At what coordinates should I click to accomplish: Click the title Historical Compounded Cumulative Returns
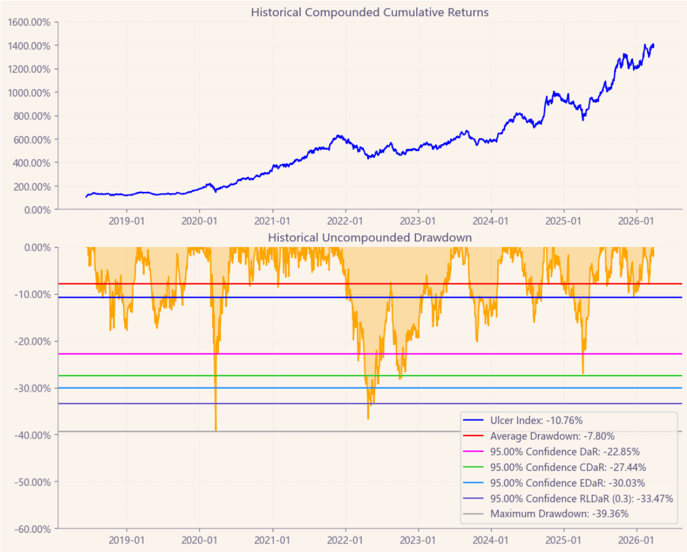(369, 12)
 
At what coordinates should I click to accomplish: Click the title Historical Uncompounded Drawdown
(369, 238)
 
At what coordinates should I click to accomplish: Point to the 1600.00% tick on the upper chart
(30, 22)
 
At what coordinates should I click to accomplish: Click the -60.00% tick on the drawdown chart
(32, 529)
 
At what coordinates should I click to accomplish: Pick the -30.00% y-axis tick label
(32, 388)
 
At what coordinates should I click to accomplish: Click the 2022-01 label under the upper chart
(345, 220)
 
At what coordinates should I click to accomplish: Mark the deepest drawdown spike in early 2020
(216, 429)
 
